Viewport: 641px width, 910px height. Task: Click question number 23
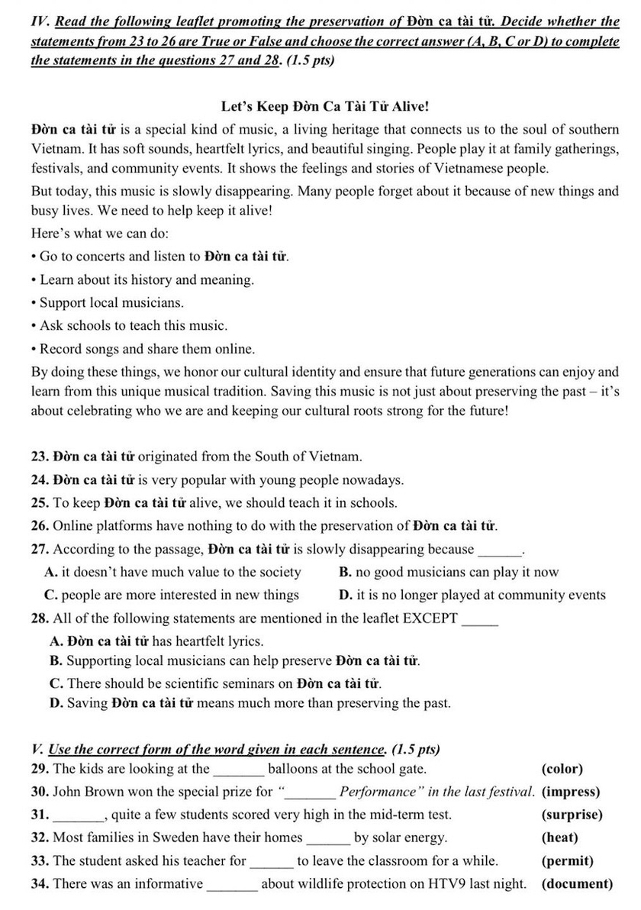click(x=40, y=457)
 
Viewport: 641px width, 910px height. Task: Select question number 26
click(x=40, y=526)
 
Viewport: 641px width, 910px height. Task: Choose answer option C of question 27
click(x=172, y=595)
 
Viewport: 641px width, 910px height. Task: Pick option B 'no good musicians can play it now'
click(x=448, y=572)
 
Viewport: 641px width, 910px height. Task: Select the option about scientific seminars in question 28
click(x=216, y=682)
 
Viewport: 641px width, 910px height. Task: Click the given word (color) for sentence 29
click(x=562, y=769)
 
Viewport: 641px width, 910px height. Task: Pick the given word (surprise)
click(x=572, y=815)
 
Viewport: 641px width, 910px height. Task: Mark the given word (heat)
click(x=560, y=837)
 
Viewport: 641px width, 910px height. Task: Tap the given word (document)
click(x=577, y=884)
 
